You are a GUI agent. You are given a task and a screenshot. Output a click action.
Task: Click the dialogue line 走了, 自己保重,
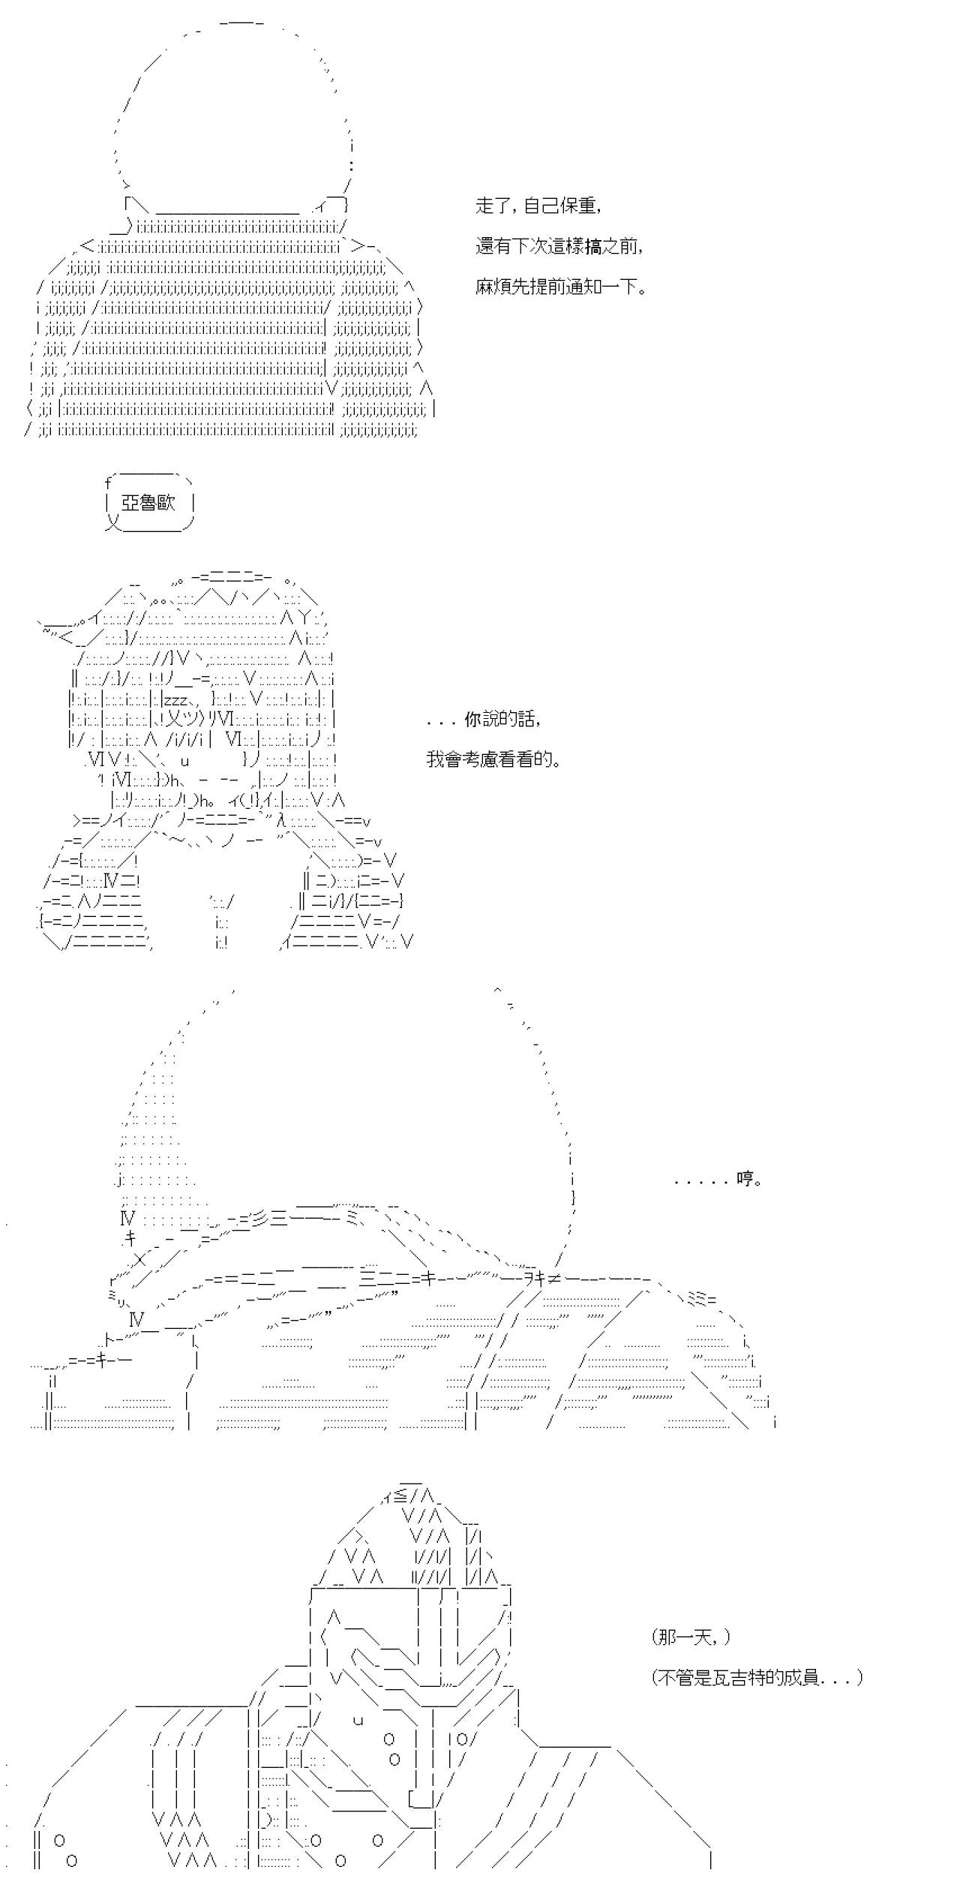point(538,206)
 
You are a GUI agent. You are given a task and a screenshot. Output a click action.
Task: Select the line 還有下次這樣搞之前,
point(559,246)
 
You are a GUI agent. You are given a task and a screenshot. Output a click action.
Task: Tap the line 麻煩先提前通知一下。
point(561,287)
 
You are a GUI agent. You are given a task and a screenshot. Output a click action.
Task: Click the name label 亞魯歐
point(148,503)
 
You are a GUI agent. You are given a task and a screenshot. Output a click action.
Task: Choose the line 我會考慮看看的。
point(494,759)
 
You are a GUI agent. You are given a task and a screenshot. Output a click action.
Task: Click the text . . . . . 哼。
point(718,1179)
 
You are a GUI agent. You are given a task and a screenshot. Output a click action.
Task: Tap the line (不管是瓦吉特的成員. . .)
point(757,1677)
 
